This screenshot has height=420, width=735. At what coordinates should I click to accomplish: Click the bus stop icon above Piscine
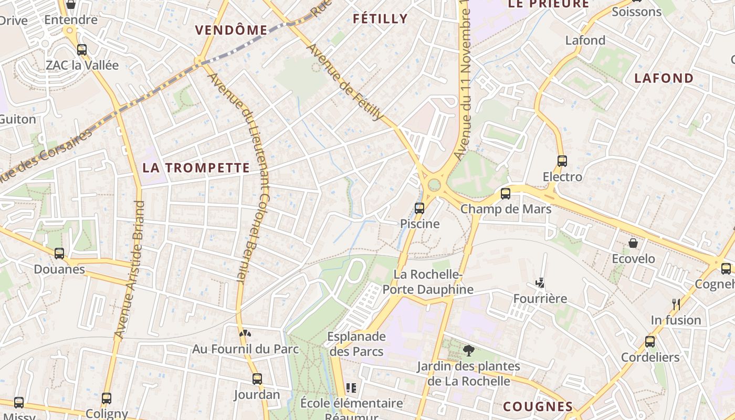[x=419, y=208]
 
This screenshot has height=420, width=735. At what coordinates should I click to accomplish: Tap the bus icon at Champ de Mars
[x=505, y=194]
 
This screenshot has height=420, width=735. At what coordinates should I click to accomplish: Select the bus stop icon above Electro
[x=562, y=161]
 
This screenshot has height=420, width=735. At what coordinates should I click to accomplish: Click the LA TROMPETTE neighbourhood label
[x=196, y=168]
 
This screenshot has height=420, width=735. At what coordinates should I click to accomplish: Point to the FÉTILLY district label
[x=380, y=19]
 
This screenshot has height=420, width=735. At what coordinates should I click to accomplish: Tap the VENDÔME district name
[x=232, y=30]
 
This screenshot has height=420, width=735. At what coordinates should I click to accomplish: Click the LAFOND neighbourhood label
[x=664, y=78]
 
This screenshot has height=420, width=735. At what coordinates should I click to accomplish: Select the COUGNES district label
[x=538, y=406]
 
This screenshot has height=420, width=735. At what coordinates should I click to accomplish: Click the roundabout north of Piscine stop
[x=434, y=185]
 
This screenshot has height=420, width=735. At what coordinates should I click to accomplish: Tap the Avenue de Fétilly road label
[x=345, y=82]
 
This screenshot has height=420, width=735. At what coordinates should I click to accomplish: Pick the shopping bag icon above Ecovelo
[x=633, y=243]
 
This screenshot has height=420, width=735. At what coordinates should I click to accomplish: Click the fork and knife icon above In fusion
[x=676, y=304]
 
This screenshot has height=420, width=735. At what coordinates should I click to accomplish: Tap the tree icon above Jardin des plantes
[x=468, y=350]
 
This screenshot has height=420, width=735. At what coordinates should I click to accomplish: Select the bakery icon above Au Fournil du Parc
[x=245, y=333]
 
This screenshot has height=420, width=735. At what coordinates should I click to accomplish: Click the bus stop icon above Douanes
[x=59, y=254]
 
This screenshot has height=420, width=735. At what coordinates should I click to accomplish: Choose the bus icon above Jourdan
[x=257, y=379]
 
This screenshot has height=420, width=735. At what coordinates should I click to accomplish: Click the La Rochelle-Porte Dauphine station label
[x=427, y=282]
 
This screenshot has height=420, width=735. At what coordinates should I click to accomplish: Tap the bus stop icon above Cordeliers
[x=649, y=342]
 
